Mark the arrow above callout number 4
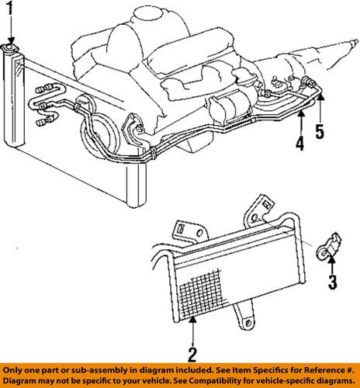click(299, 121)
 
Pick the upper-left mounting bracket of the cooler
click(190, 226)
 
